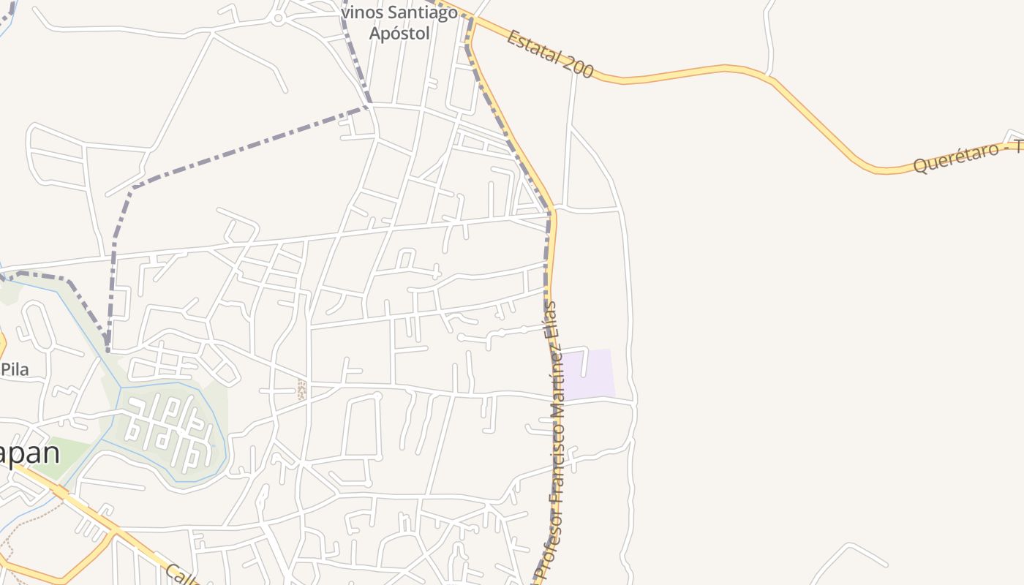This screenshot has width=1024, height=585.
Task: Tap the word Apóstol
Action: (x=403, y=33)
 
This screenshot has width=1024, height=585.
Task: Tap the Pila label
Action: (x=15, y=369)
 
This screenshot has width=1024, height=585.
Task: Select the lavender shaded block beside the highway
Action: (x=590, y=374)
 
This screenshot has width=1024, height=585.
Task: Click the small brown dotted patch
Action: (x=301, y=389)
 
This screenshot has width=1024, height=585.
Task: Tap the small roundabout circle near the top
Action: (x=278, y=19)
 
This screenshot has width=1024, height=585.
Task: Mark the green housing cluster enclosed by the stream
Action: (x=168, y=431)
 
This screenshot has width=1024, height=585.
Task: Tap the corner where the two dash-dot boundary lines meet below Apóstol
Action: (x=368, y=107)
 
